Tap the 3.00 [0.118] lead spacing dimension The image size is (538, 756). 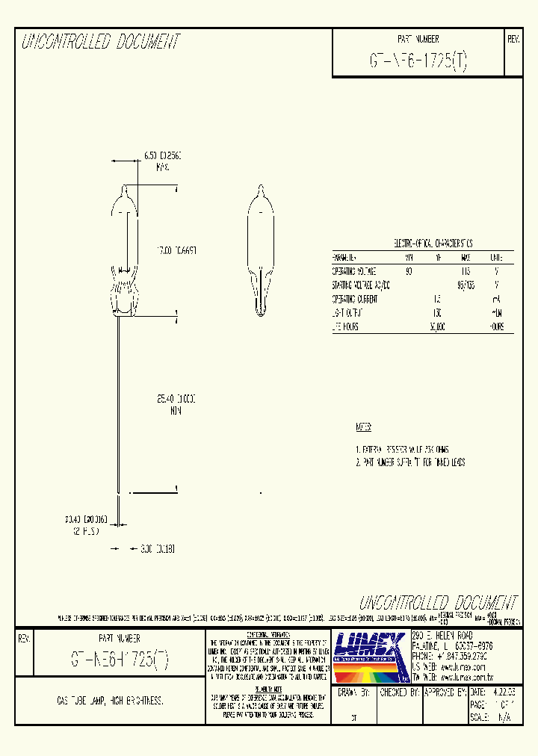(157, 548)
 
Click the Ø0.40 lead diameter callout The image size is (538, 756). (87, 517)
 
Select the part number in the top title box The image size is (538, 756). (418, 62)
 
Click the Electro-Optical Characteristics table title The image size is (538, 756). (423, 244)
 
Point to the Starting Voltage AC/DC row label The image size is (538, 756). (361, 285)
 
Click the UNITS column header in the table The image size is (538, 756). (496, 257)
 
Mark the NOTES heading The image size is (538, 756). (363, 428)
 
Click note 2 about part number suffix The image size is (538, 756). (410, 463)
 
